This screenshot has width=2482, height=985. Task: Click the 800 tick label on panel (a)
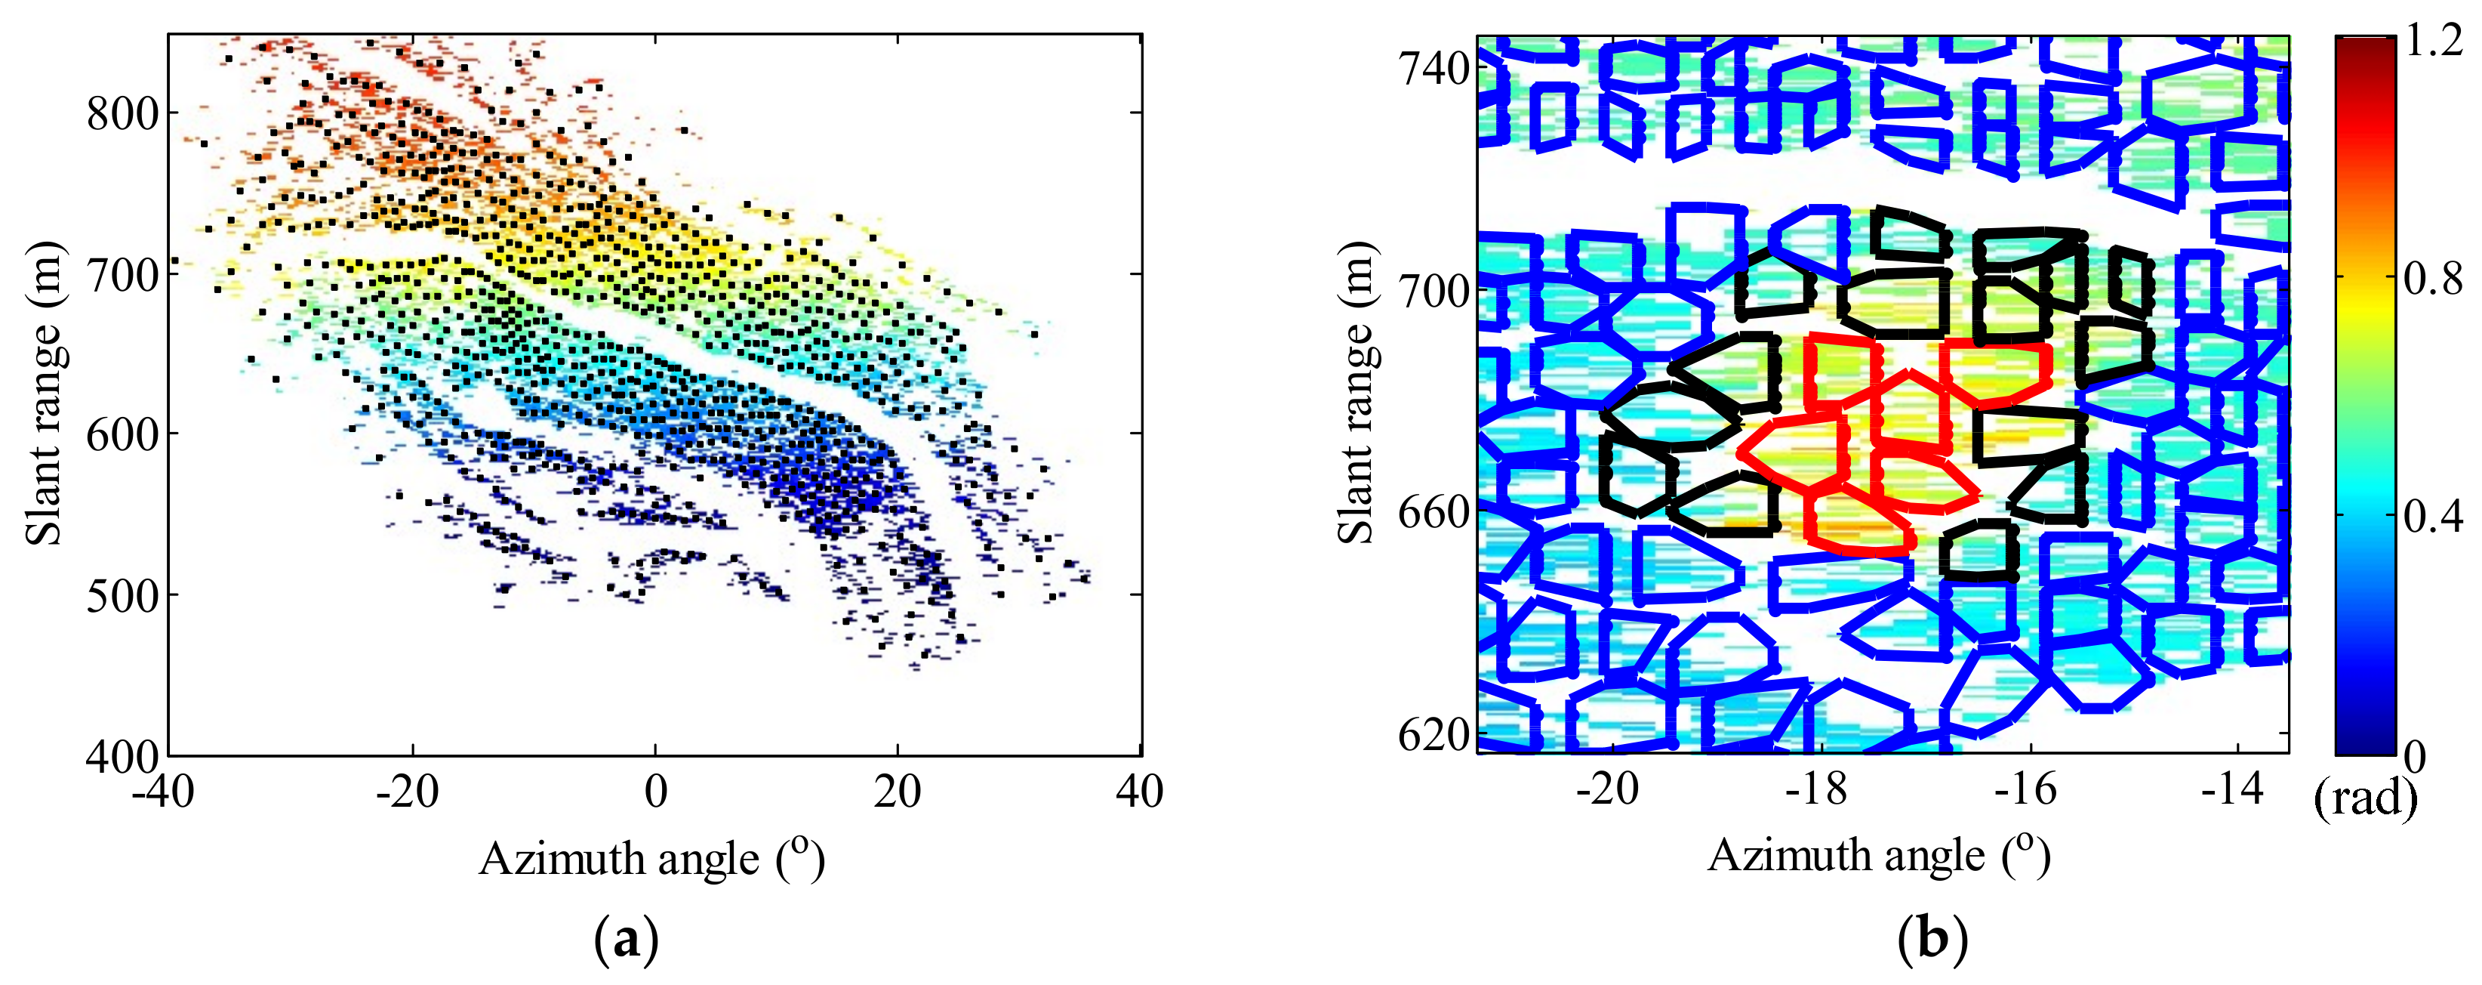(x=122, y=114)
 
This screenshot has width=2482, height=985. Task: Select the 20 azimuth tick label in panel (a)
(x=898, y=792)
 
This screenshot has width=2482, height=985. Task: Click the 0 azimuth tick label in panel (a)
(x=656, y=792)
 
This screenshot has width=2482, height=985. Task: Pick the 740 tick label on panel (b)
(x=1433, y=69)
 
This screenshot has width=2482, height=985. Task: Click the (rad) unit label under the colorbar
(x=2366, y=798)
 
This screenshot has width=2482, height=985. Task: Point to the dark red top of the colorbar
(x=2364, y=48)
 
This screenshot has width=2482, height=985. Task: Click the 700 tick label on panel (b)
(x=1433, y=290)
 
